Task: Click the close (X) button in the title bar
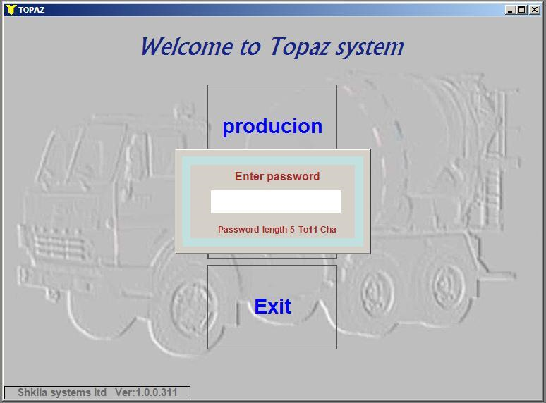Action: tap(535, 10)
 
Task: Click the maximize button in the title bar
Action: tap(521, 10)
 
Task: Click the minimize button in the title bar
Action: tap(510, 10)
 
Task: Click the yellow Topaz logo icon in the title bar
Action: tap(11, 9)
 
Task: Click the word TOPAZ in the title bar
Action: tap(31, 10)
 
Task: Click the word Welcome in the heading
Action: tap(187, 46)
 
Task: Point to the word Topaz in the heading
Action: tap(299, 47)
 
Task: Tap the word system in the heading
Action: tap(370, 48)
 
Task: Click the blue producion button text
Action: tap(272, 126)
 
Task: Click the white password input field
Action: tap(275, 201)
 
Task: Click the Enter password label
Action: tap(277, 176)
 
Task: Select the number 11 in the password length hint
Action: tap(313, 230)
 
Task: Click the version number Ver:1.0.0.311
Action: tap(146, 392)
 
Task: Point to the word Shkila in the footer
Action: tap(32, 392)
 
